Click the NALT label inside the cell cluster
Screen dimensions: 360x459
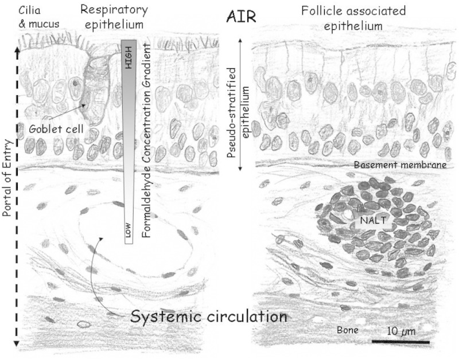[369, 220]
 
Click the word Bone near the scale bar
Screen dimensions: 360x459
[347, 331]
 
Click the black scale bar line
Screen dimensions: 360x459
[400, 342]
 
